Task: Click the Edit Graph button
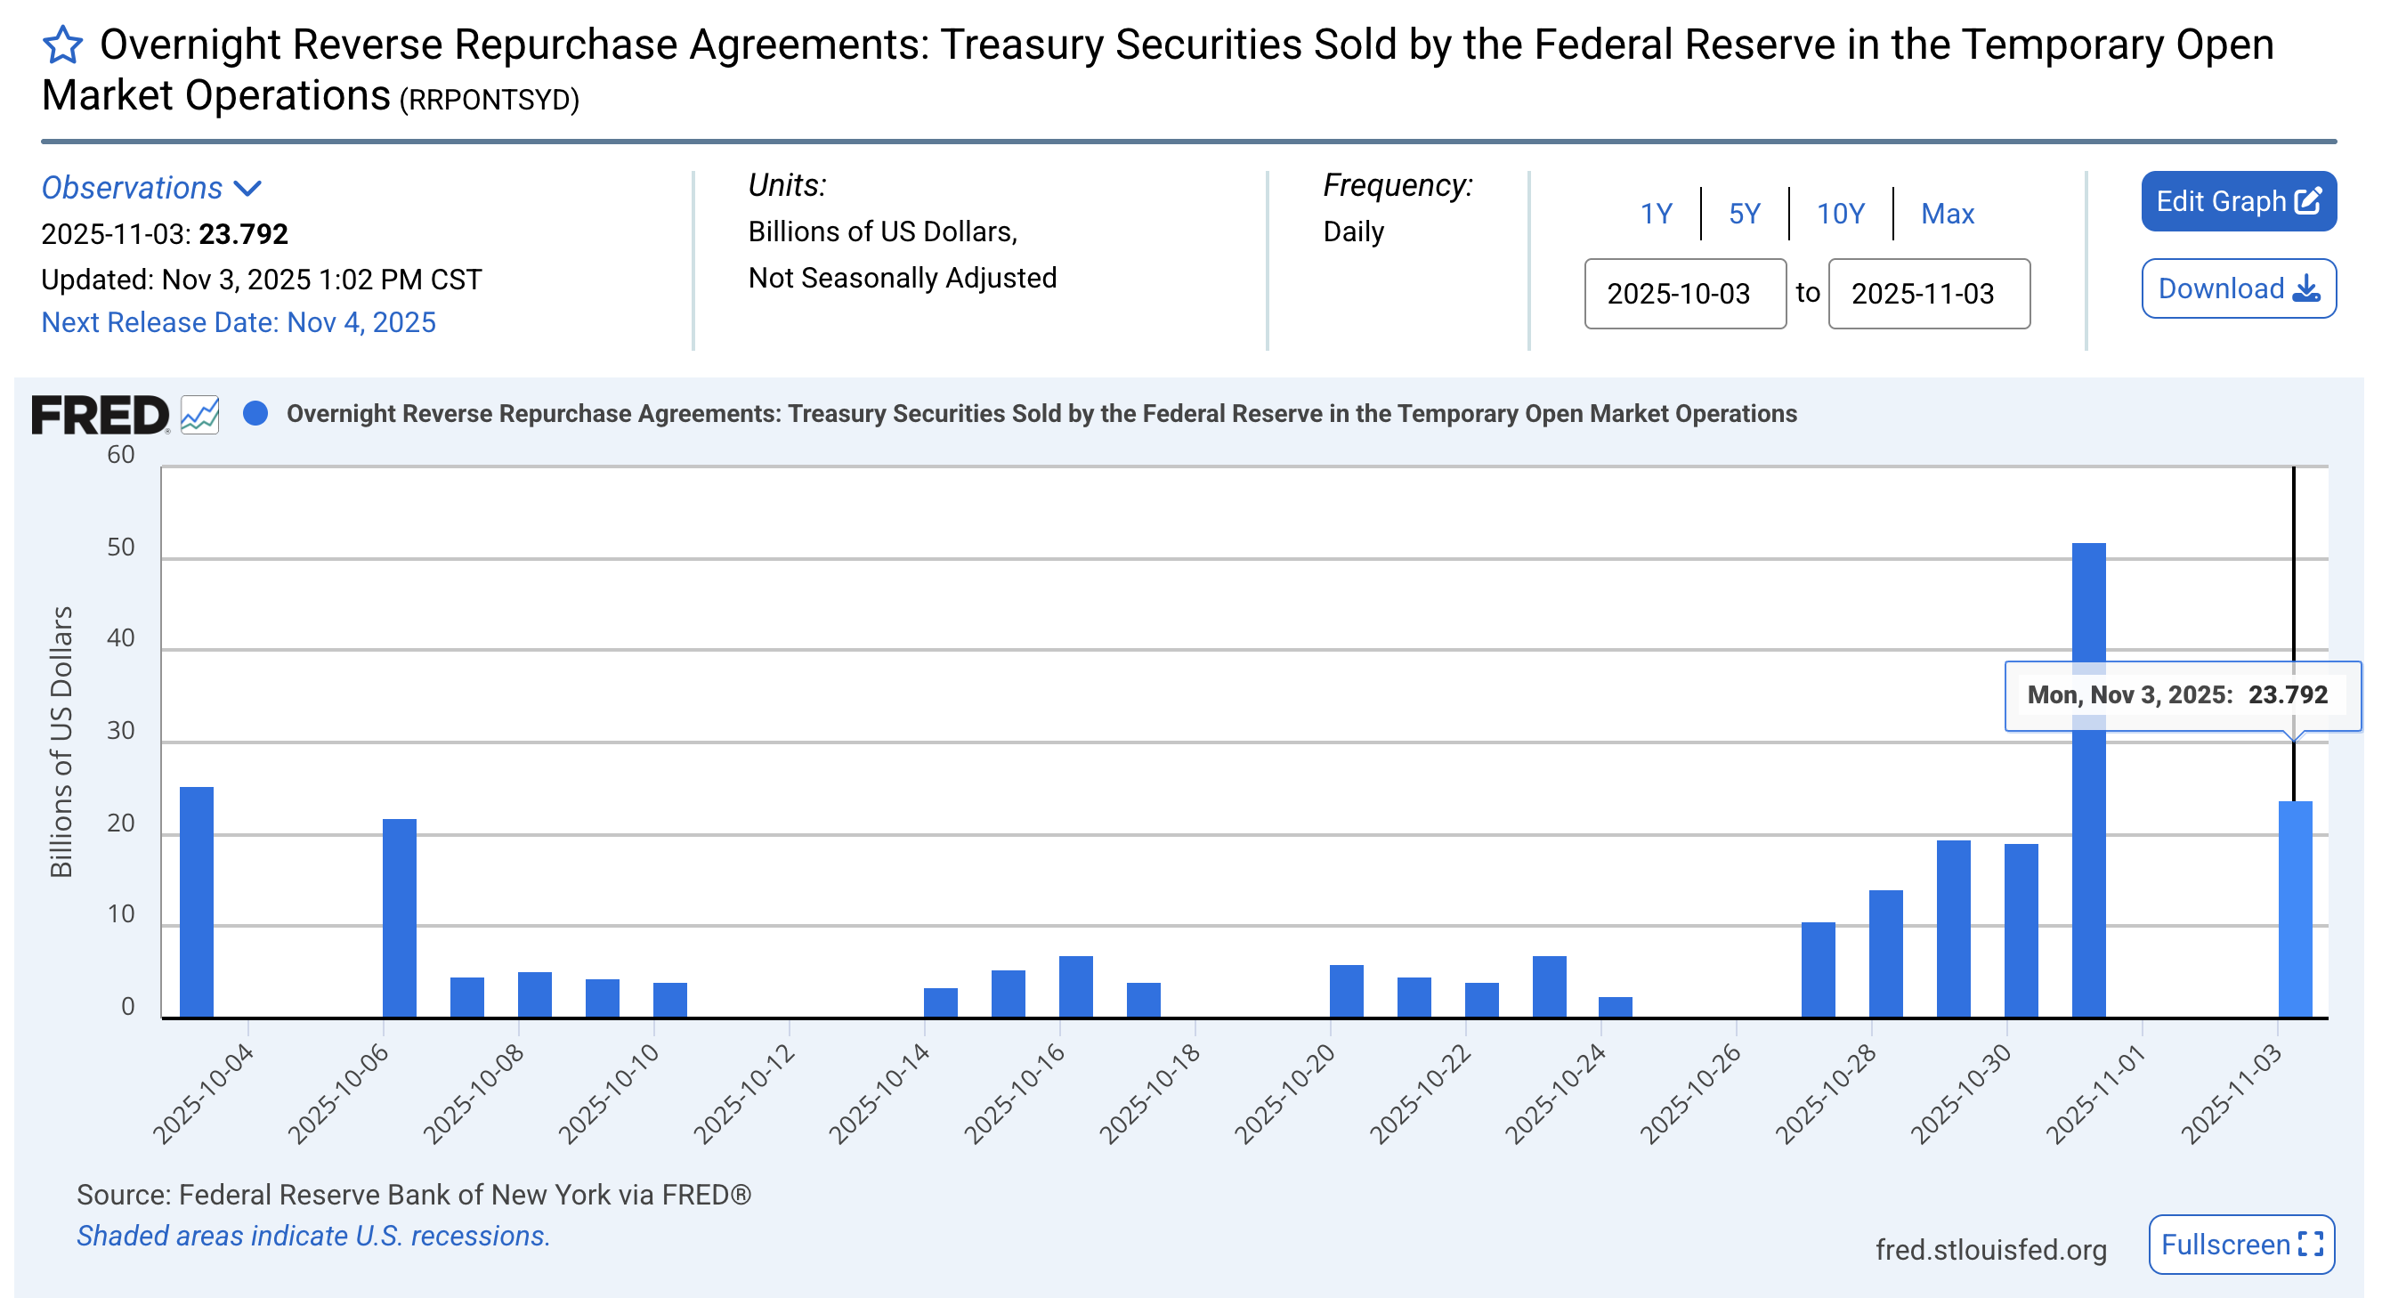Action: pos(2238,200)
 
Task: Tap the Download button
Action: pos(2238,288)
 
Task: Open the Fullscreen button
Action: pos(2240,1244)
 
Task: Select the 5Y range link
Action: pos(1744,214)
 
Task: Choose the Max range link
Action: pos(1947,214)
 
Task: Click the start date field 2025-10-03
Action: pos(1684,293)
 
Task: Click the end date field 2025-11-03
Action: pos(1928,293)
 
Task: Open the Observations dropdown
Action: pos(151,188)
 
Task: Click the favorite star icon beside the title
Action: pos(63,45)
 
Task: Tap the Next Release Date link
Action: pos(239,322)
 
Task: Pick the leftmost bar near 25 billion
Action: pos(196,902)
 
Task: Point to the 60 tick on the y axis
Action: pos(121,455)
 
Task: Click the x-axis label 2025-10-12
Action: pos(744,1094)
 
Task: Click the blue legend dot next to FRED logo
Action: pos(255,413)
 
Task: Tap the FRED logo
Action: pos(100,413)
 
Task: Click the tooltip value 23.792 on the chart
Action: pos(2287,694)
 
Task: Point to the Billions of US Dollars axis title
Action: pos(61,741)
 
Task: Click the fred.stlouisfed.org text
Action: pos(1990,1250)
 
